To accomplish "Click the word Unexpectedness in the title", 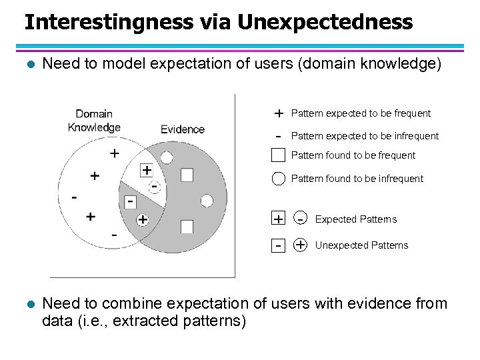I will click(325, 22).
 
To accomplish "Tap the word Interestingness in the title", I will click(106, 22).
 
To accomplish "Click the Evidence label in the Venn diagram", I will click(183, 129).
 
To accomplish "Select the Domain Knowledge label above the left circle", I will click(94, 120).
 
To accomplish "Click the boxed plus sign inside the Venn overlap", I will click(146, 170).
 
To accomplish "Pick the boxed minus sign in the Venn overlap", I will click(131, 200).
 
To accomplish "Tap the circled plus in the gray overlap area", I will click(143, 219).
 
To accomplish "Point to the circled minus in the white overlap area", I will click(154, 187).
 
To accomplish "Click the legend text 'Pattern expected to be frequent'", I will click(361, 113).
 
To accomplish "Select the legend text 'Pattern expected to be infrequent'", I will click(365, 136).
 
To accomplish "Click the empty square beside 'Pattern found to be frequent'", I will click(279, 155).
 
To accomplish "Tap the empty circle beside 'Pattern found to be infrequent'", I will click(279, 179).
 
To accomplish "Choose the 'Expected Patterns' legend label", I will click(355, 219).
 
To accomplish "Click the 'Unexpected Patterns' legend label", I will click(361, 245).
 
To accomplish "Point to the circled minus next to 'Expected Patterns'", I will click(301, 219).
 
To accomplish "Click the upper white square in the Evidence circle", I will click(187, 175).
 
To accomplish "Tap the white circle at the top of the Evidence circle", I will click(167, 157).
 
